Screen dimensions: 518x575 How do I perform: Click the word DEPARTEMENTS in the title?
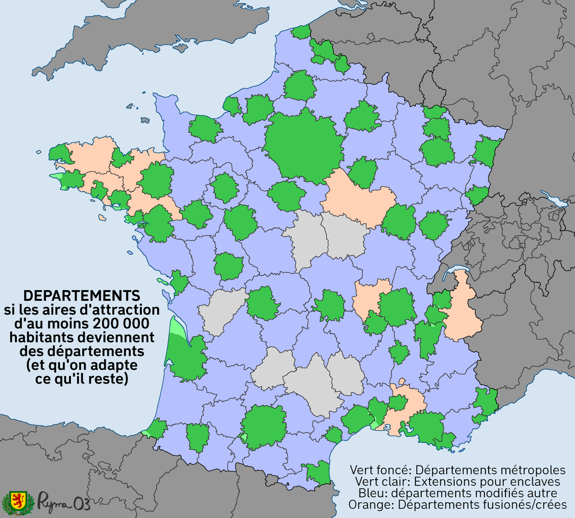point(82,295)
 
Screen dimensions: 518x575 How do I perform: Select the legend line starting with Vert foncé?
point(458,470)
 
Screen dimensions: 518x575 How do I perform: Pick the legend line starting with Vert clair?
point(458,482)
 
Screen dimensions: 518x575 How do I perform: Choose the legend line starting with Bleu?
point(458,493)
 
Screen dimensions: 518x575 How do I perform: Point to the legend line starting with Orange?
point(458,505)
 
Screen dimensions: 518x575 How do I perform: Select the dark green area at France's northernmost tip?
point(301,33)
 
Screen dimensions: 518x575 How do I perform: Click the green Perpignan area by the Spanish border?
point(317,472)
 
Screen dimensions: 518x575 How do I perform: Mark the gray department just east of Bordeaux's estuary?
point(221,311)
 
